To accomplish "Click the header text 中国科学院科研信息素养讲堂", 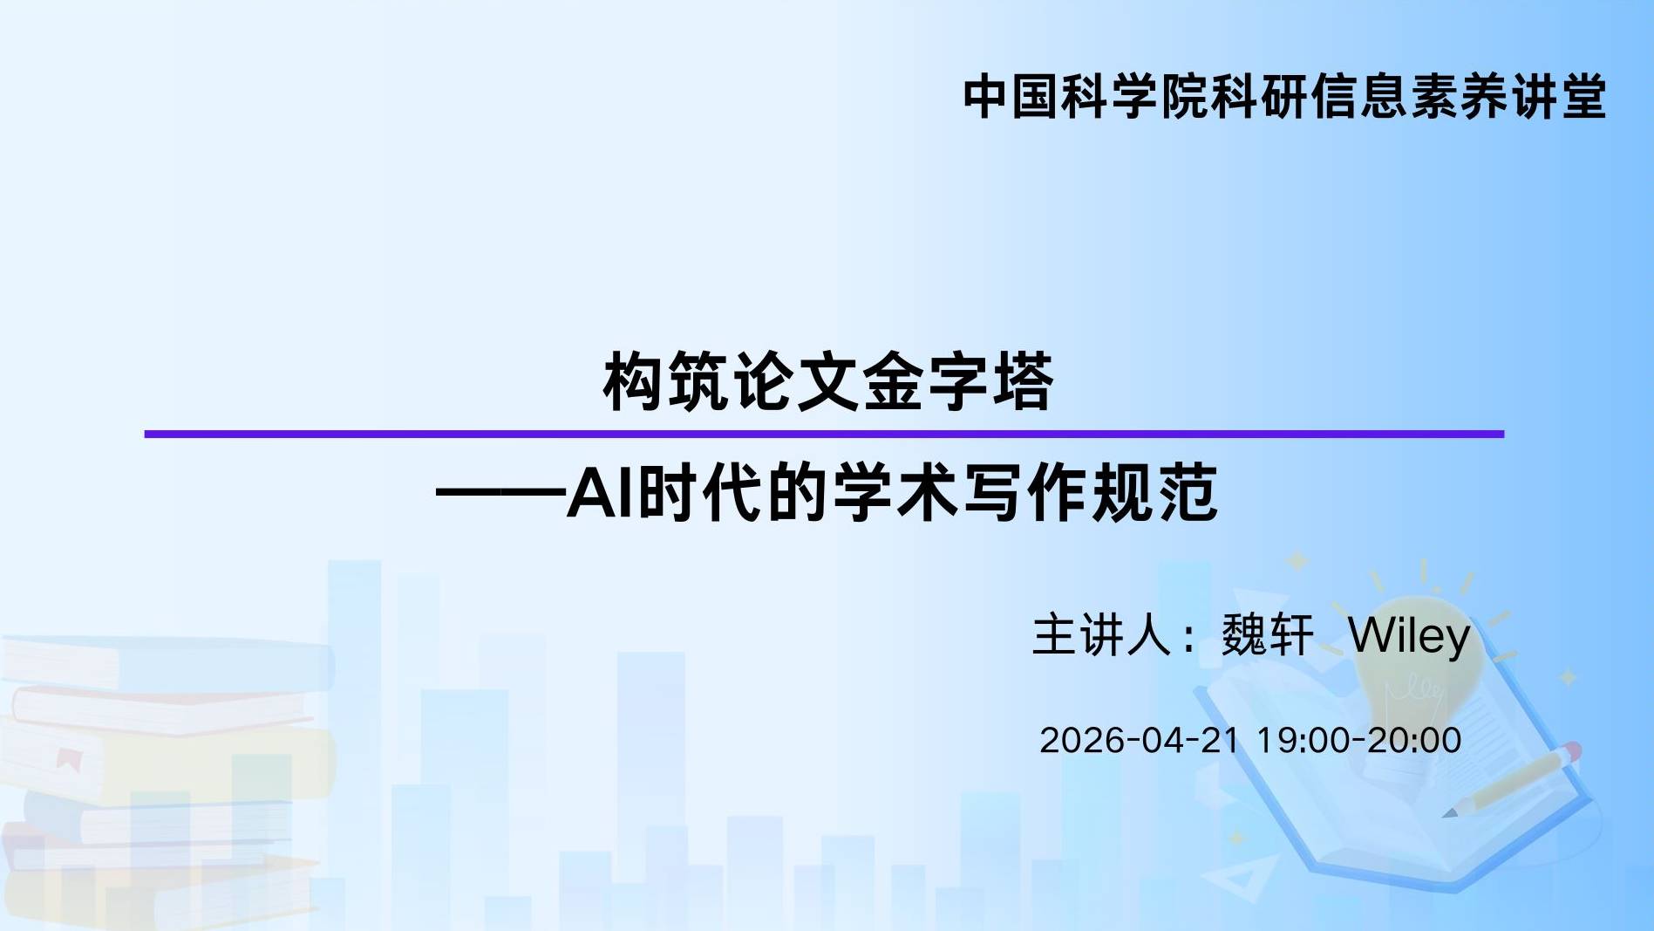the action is click(1284, 96).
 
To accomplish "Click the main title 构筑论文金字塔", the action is click(828, 381).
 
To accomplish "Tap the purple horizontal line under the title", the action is click(824, 434).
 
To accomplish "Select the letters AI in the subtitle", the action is click(602, 493).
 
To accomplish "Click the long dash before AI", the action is click(500, 494).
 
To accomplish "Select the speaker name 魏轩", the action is click(1267, 634).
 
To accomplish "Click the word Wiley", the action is click(1409, 635).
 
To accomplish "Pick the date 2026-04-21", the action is click(1140, 740).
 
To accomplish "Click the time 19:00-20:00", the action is click(1358, 740).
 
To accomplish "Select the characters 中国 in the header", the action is click(1011, 96).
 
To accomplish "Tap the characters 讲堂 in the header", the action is click(1558, 96).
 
